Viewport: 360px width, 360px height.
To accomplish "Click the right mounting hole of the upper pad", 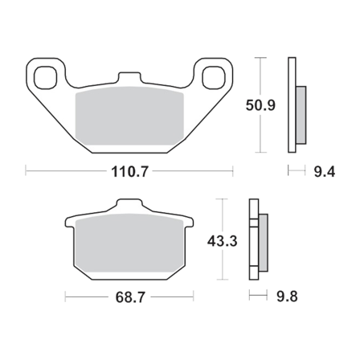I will pyautogui.click(x=214, y=79).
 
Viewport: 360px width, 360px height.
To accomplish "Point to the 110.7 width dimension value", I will pyautogui.click(x=129, y=171).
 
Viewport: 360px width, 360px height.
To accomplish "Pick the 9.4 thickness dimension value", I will pyautogui.click(x=319, y=171).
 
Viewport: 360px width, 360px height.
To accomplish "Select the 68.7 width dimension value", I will pyautogui.click(x=129, y=298).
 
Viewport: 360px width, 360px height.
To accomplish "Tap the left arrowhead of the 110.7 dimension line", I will pyautogui.click(x=29, y=171).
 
